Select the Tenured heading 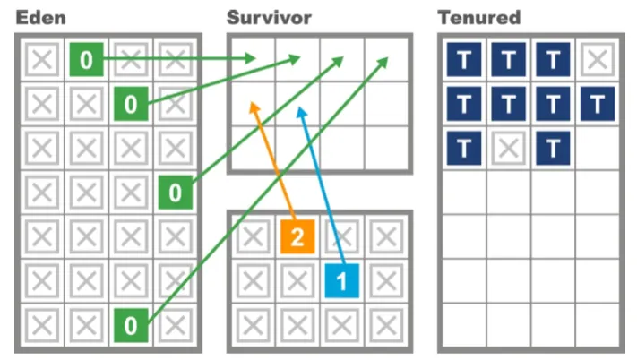point(479,17)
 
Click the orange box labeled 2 point(297,236)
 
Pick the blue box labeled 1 point(341,280)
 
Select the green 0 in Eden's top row point(86,60)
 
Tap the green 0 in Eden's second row point(131,105)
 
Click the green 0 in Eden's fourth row point(176,192)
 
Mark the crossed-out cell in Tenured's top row point(597,60)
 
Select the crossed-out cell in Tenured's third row point(509,148)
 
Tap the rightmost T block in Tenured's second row point(597,105)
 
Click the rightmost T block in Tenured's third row point(553,148)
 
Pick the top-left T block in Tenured point(464,60)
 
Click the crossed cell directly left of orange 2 point(254,236)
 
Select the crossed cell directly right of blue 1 point(386,280)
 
